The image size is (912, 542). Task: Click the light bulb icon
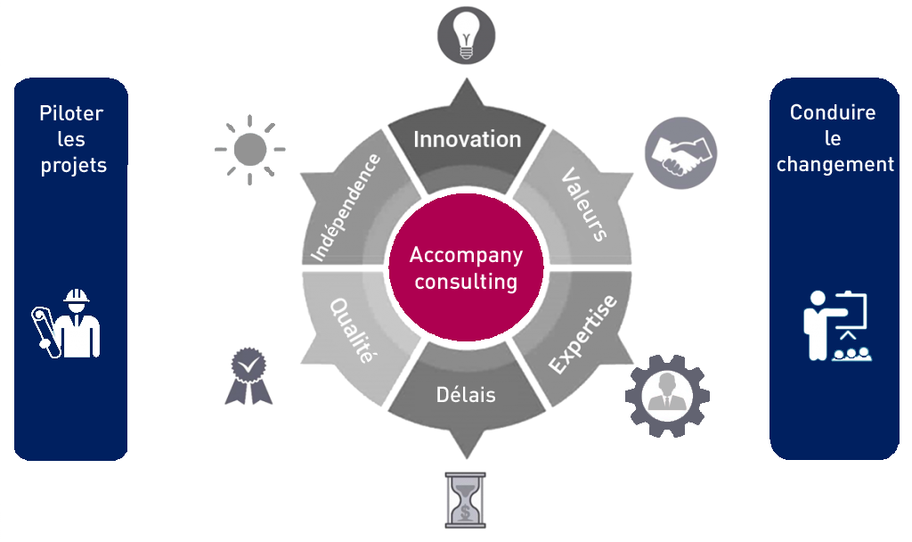pos(466,35)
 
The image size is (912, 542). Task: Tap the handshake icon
pos(680,153)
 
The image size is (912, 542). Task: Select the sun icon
pos(250,150)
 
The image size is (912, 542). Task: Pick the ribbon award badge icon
pos(249,376)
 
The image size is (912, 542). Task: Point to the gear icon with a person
pos(667,396)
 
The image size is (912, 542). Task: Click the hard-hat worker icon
pos(66,324)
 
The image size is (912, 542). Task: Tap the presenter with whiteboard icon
pos(837,326)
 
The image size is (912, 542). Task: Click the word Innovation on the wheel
pos(467,140)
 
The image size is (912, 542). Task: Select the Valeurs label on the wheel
pos(584,204)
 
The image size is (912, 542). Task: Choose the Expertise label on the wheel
pos(582,334)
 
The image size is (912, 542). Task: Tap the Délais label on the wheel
pos(466,395)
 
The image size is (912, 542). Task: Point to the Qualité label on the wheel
pos(352,331)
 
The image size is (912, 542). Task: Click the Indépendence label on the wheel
pos(346,207)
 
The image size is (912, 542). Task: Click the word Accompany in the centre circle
pos(466,256)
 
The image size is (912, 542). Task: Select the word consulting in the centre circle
pos(466,282)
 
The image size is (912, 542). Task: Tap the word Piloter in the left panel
pos(71,113)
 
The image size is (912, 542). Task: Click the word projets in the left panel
pos(74,166)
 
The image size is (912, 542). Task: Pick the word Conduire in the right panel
pos(833,112)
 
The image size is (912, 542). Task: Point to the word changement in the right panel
pos(835,165)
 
